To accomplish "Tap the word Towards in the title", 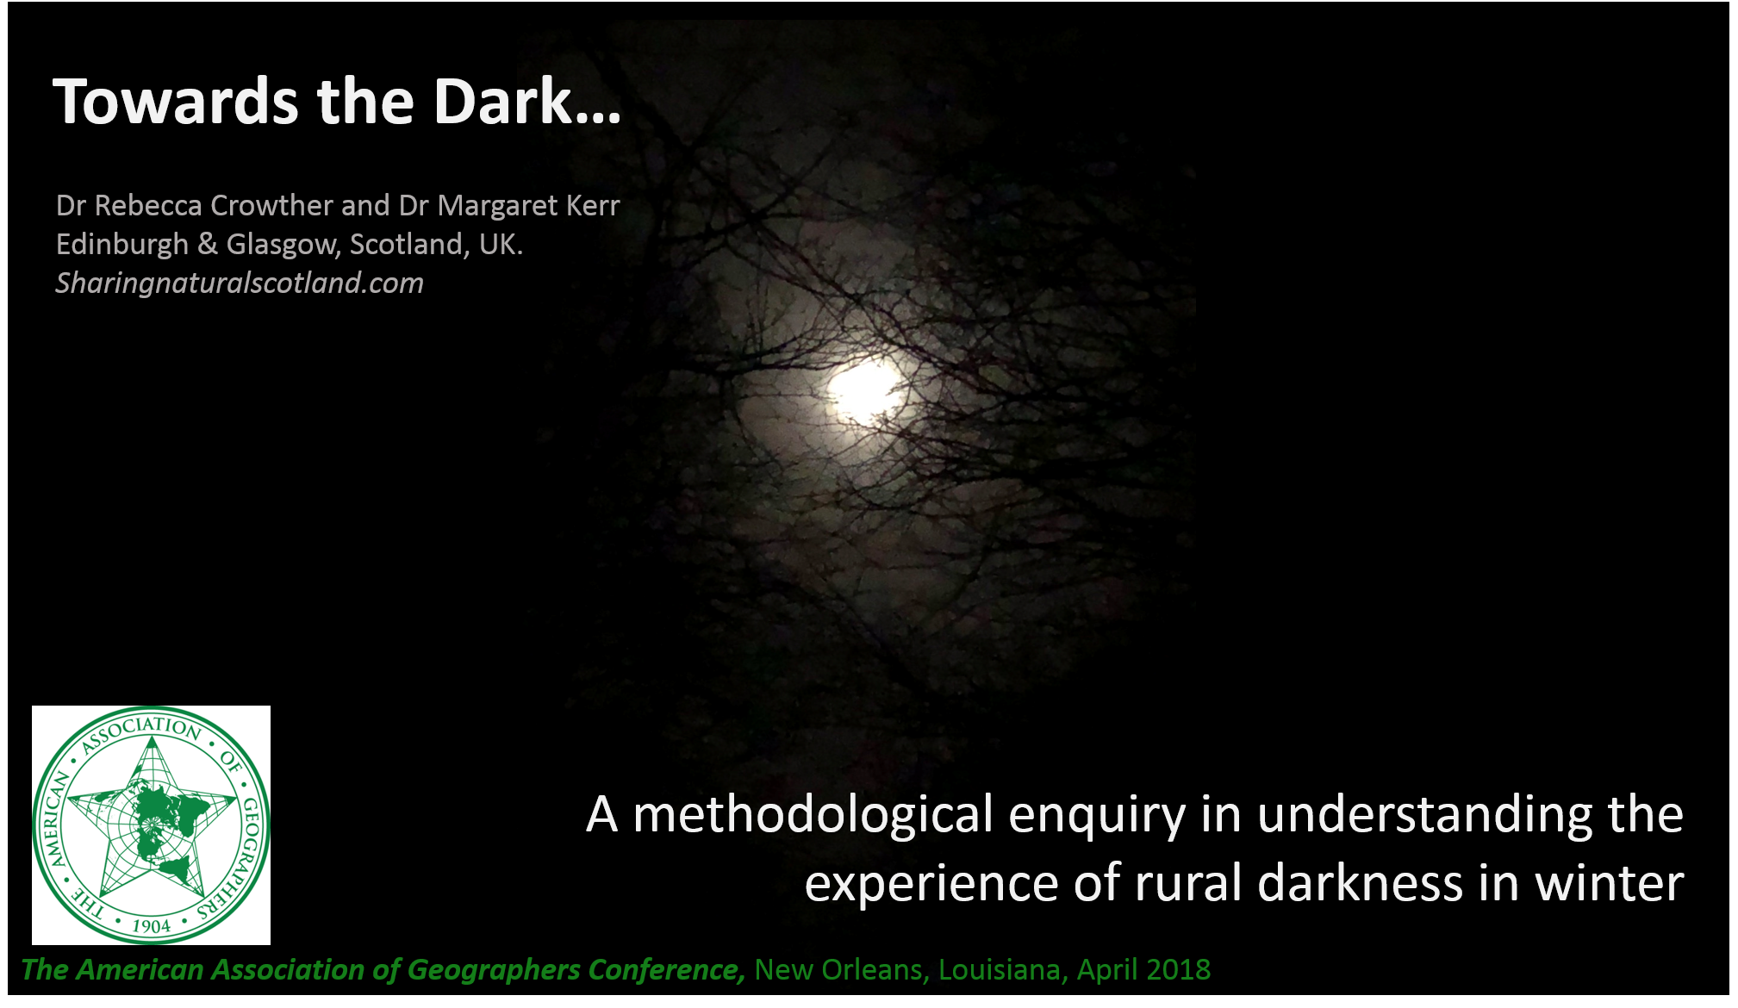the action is tap(176, 102).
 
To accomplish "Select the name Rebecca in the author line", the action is tap(148, 206).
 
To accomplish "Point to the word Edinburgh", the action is tap(122, 246).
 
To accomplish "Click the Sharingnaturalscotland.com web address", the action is tap(240, 283).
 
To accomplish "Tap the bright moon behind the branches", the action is tap(866, 392).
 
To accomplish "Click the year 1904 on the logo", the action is tap(152, 926).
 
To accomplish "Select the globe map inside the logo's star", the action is tap(155, 823).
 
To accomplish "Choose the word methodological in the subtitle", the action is tap(813, 815).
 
